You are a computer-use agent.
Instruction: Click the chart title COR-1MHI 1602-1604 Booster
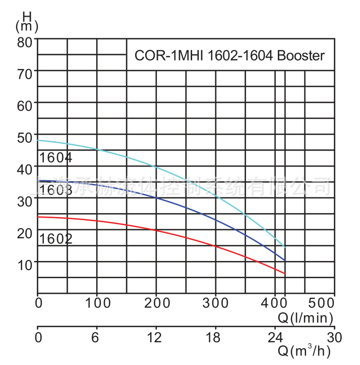click(x=229, y=56)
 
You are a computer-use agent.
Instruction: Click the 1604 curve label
click(x=55, y=158)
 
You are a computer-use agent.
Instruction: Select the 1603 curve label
click(x=55, y=189)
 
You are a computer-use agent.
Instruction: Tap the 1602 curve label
click(x=55, y=238)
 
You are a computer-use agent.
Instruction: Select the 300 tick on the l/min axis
click(x=216, y=303)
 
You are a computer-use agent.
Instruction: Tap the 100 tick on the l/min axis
click(x=97, y=303)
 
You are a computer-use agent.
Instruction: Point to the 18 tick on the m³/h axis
click(x=216, y=337)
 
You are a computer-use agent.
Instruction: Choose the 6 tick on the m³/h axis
click(x=97, y=337)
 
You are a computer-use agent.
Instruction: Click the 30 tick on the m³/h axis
click(x=334, y=337)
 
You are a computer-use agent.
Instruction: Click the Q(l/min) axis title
click(x=306, y=317)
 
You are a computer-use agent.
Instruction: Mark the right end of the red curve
click(x=285, y=274)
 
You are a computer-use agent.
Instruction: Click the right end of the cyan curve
click(x=285, y=247)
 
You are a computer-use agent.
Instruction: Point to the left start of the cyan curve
click(x=38, y=140)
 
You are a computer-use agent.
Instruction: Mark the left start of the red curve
click(x=38, y=217)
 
